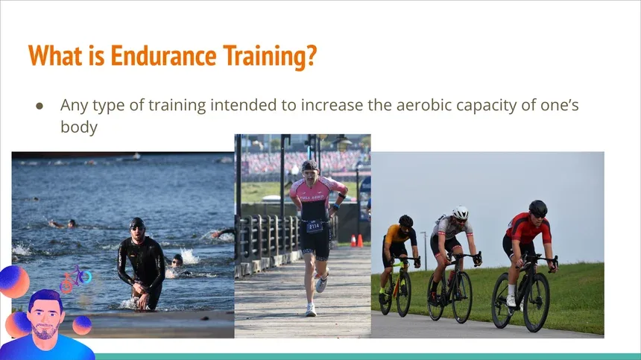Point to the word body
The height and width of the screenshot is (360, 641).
click(78, 127)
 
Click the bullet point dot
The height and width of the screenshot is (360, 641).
click(40, 106)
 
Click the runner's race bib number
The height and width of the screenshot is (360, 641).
click(315, 225)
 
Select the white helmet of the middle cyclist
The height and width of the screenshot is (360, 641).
click(461, 212)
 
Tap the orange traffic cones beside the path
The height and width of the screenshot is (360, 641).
click(356, 241)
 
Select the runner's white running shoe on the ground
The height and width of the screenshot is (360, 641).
click(311, 309)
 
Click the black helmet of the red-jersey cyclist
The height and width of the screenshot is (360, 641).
click(537, 207)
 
